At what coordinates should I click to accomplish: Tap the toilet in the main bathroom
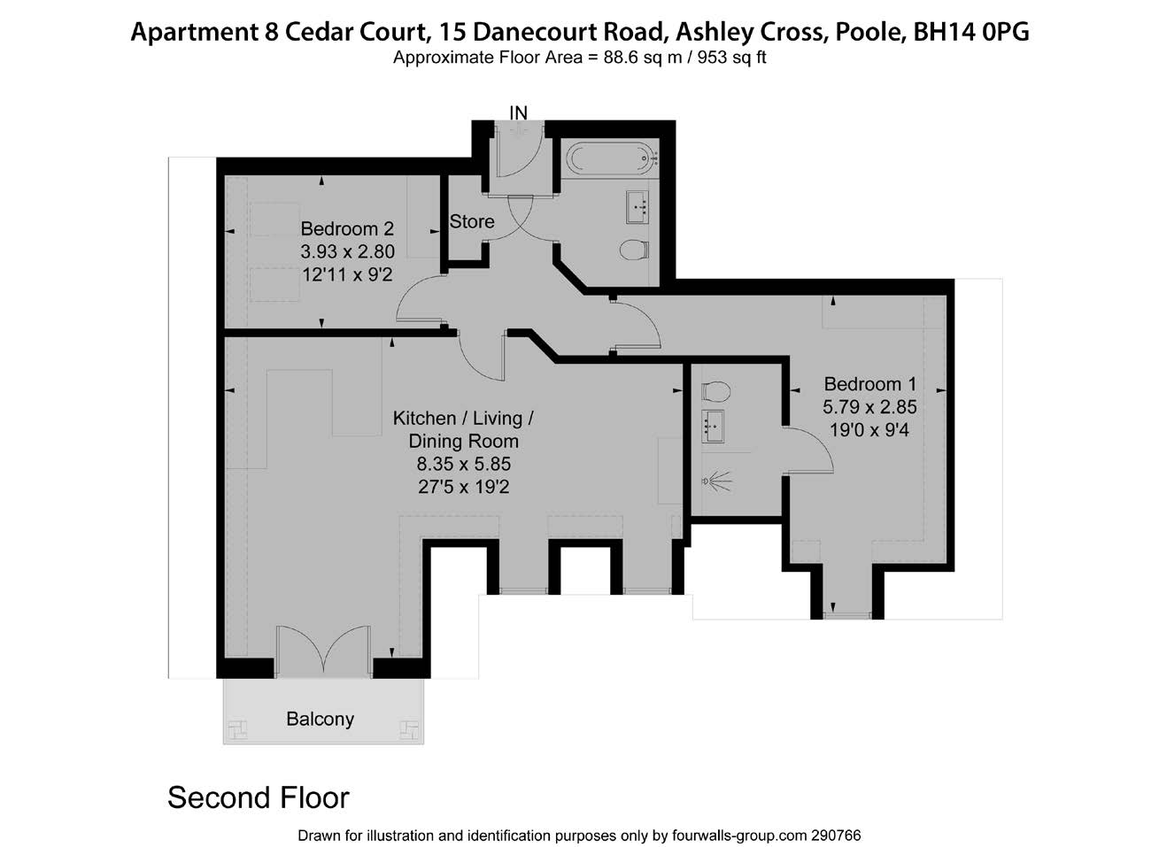click(x=634, y=250)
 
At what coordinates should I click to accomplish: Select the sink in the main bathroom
click(x=637, y=207)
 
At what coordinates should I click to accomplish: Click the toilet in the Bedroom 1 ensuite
click(x=715, y=391)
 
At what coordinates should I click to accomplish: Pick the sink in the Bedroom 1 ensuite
click(x=713, y=426)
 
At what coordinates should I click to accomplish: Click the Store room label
click(x=471, y=221)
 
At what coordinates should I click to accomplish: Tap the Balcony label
click(x=321, y=719)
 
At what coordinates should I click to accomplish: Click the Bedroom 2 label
click(x=347, y=228)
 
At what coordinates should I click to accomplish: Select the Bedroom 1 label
click(x=869, y=384)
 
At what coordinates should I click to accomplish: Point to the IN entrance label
click(x=519, y=112)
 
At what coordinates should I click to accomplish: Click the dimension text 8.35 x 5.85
click(x=464, y=464)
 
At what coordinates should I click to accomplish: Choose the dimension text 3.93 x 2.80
click(x=347, y=251)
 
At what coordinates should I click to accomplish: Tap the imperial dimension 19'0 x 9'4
click(x=869, y=430)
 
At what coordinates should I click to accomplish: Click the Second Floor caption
click(x=259, y=797)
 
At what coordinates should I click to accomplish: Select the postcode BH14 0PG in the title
click(x=971, y=32)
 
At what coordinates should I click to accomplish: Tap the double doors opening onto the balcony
click(x=323, y=651)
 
